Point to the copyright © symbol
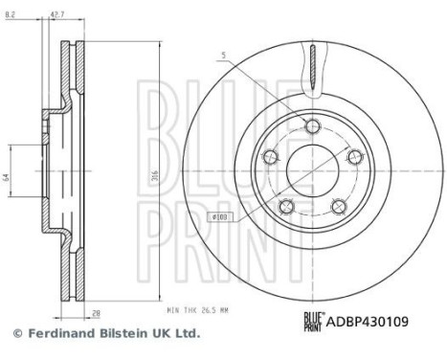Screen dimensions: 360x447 pyautogui.click(x=16, y=334)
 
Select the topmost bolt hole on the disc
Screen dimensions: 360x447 pyautogui.click(x=312, y=123)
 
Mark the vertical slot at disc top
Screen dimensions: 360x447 pyautogui.click(x=312, y=72)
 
